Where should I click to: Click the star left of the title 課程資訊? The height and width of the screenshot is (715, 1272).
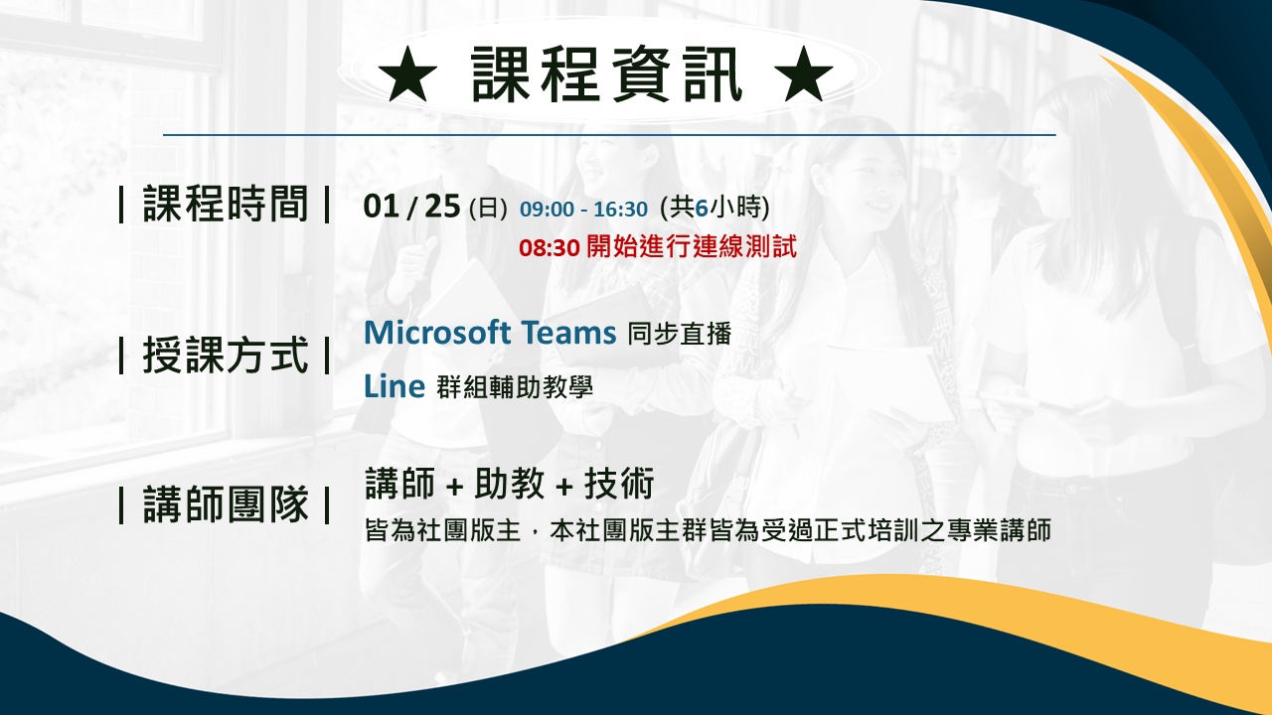click(407, 74)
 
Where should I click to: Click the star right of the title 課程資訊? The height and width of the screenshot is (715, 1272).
click(804, 74)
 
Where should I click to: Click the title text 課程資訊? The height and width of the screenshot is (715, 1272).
click(606, 74)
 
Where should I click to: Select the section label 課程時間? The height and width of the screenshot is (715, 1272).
click(226, 204)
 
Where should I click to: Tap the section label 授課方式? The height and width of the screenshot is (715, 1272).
click(226, 356)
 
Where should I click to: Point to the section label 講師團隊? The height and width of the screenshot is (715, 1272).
click(226, 503)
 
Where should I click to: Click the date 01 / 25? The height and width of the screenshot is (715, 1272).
click(411, 206)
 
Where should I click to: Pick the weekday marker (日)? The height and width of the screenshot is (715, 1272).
click(488, 209)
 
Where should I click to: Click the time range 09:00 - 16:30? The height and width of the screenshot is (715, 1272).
click(583, 210)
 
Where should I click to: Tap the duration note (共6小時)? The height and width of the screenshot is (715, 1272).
click(715, 208)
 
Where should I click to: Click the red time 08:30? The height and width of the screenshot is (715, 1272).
click(550, 248)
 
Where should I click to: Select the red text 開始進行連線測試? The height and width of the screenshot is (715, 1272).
click(692, 247)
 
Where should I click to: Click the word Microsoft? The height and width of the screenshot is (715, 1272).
click(437, 332)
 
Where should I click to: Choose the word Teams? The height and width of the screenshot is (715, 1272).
click(568, 332)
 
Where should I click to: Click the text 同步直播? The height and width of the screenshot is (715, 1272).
click(679, 334)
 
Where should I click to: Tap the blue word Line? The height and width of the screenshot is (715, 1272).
click(395, 386)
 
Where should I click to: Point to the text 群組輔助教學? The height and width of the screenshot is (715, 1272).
click(515, 387)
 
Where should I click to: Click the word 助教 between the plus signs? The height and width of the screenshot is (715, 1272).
click(509, 484)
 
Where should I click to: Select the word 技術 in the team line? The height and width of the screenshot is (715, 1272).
click(619, 484)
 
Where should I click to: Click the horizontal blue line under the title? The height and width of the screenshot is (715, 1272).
click(609, 135)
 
